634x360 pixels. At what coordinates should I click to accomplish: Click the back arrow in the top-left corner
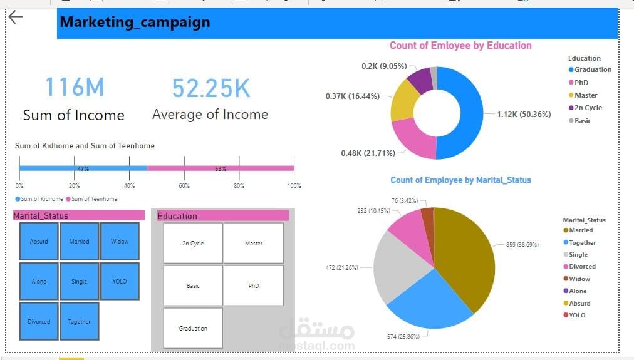15,18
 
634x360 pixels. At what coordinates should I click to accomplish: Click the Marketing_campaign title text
135,23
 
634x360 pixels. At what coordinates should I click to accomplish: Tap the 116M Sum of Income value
74,88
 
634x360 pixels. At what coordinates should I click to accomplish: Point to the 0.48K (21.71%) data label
368,153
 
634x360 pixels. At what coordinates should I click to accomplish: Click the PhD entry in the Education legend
581,83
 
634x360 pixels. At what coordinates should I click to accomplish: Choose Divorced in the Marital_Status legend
582,267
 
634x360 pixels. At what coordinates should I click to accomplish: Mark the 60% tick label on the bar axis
184,186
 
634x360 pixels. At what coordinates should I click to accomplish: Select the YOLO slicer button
120,282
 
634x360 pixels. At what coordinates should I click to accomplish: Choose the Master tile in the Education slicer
254,243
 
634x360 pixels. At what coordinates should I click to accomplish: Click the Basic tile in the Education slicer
193,285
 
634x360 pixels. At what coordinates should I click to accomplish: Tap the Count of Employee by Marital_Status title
460,180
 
